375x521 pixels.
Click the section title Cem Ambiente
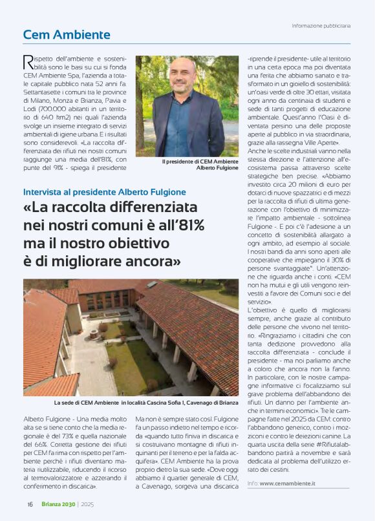click(x=67, y=35)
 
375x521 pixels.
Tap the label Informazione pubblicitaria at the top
click(x=321, y=26)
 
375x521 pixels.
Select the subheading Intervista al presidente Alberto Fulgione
click(x=104, y=192)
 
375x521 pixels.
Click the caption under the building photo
click(x=123, y=403)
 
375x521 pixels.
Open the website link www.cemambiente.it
click(x=287, y=483)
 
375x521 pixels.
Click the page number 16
click(x=30, y=505)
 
